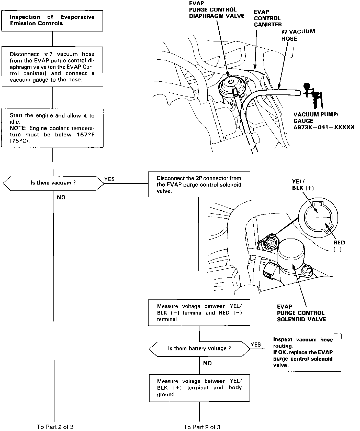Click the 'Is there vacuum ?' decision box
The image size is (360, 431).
[53, 183]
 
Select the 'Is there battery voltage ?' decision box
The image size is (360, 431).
[199, 348]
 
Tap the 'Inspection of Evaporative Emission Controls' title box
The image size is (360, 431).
[52, 20]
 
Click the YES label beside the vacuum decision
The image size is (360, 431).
[109, 179]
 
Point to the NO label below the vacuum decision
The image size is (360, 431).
[61, 197]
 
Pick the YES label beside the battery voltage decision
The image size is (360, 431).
[256, 344]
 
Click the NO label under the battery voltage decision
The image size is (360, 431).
[207, 363]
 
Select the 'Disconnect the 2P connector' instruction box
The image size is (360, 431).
[199, 184]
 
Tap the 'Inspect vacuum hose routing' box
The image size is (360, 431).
[303, 352]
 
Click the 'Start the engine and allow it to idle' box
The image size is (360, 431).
[52, 128]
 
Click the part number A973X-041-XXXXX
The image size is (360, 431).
[324, 127]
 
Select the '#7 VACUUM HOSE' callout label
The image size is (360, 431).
[298, 35]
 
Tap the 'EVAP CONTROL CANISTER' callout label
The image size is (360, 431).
[267, 18]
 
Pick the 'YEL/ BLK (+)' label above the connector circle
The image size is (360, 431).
[303, 185]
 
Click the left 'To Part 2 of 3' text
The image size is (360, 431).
[55, 427]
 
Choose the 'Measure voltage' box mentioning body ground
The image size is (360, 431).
[199, 388]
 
